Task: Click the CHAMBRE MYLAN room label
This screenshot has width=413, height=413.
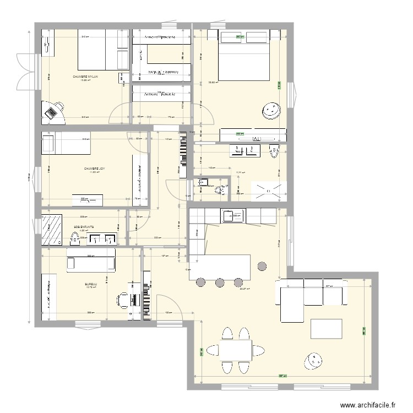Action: (x=85, y=77)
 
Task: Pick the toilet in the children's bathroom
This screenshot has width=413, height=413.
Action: (x=74, y=238)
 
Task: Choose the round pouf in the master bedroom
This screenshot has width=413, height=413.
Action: (x=271, y=111)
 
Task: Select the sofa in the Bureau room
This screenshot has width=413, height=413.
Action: (x=91, y=259)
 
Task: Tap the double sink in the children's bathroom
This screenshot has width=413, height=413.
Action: (x=102, y=238)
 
